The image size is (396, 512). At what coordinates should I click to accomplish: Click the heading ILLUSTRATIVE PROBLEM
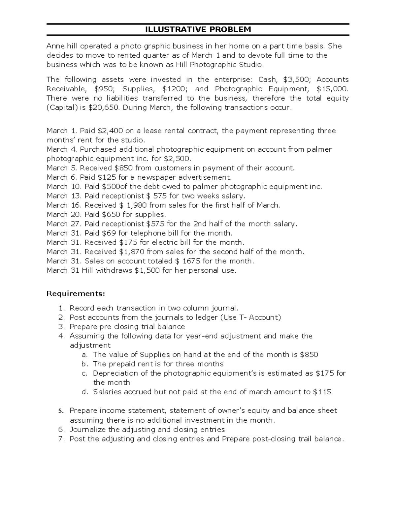(x=198, y=30)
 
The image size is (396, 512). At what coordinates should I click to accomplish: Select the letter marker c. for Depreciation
(x=85, y=373)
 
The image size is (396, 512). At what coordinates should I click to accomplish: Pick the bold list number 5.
(x=60, y=411)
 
